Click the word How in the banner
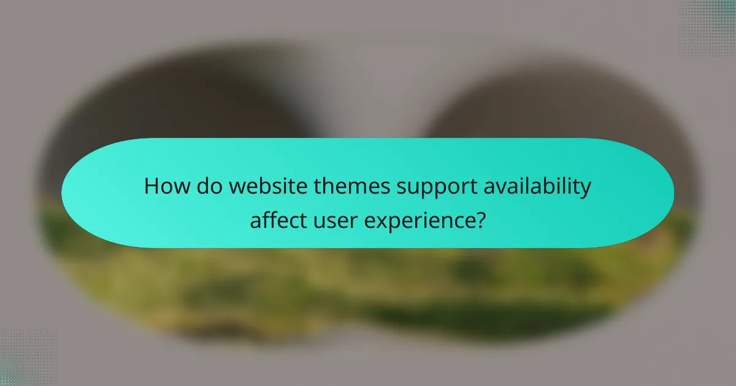163,187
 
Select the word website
251,187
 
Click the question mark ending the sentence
481,219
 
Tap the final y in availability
586,189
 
